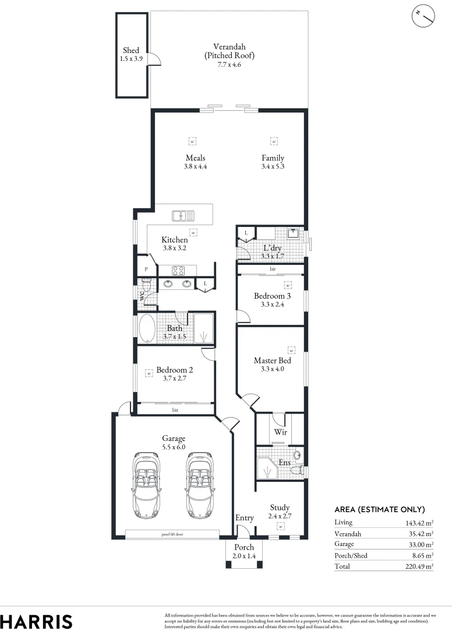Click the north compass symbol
click(424, 16)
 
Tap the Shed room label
click(131, 51)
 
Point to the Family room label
click(273, 158)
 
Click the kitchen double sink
click(183, 216)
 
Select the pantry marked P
click(146, 269)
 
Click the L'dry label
click(273, 248)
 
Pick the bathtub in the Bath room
click(147, 329)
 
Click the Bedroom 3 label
click(272, 296)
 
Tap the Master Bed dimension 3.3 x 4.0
click(272, 369)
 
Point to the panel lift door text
click(173, 534)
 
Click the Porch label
click(244, 547)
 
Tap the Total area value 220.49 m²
click(418, 566)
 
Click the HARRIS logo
click(36, 621)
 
